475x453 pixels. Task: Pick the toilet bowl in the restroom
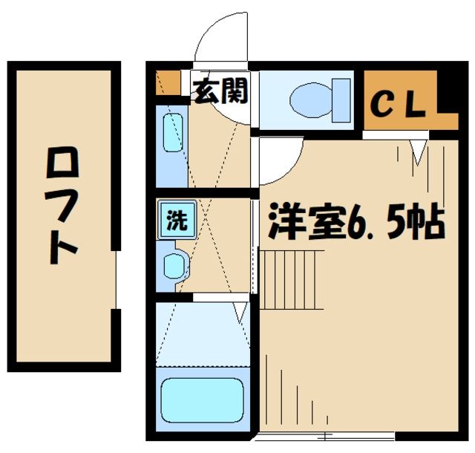(x=310, y=99)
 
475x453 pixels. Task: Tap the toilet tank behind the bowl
(x=341, y=99)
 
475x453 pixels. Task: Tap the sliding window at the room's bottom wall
(x=327, y=434)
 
